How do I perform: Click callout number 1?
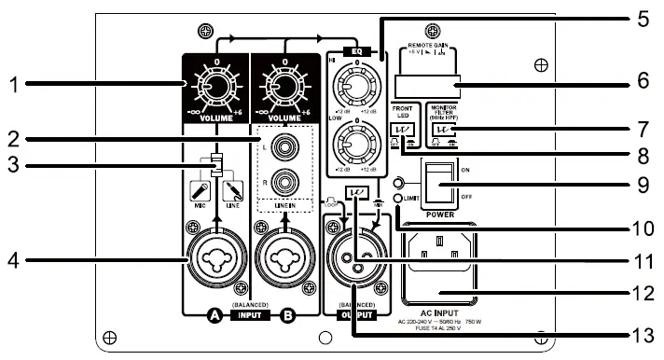pos(13,85)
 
